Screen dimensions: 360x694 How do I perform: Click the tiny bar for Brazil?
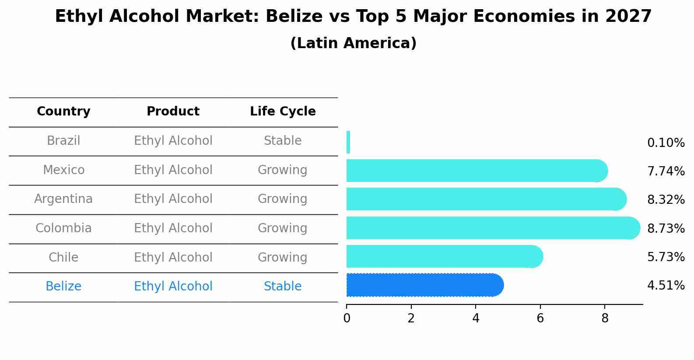[x=348, y=142]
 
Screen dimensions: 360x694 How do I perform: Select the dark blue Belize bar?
[x=424, y=285]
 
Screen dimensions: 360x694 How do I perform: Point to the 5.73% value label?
[x=666, y=257]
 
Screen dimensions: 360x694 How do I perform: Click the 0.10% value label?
[x=666, y=143]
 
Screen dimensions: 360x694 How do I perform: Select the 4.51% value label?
[x=666, y=286]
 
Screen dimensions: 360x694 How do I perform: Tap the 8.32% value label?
[x=666, y=199]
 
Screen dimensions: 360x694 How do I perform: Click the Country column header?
[x=63, y=112]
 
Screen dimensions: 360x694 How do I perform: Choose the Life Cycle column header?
[x=283, y=112]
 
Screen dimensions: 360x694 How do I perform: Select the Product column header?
[x=173, y=112]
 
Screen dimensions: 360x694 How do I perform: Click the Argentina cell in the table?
[x=63, y=199]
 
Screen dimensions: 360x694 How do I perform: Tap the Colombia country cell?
[x=63, y=228]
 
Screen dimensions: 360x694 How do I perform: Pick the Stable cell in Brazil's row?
[x=283, y=141]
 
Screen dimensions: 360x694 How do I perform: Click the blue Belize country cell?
[x=63, y=287]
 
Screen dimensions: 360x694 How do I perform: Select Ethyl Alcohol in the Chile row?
[x=173, y=257]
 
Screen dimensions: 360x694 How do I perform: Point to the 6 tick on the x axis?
[x=540, y=318]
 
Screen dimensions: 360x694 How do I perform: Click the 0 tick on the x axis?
[x=347, y=318]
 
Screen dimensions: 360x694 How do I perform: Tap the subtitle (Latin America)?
[x=353, y=43]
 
